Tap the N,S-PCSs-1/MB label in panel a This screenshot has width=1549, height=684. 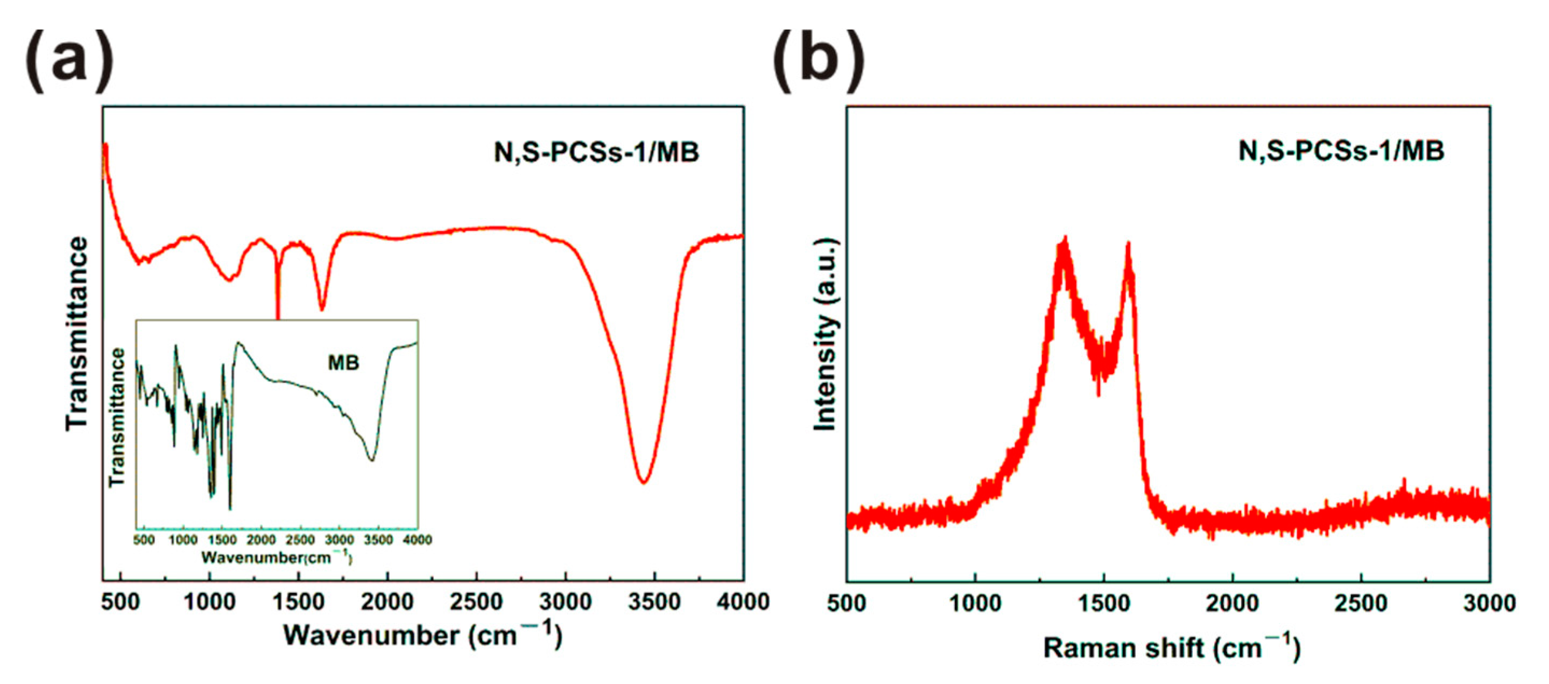pos(596,152)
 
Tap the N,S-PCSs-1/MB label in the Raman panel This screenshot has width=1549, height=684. pos(1341,150)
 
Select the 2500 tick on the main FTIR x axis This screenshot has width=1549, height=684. pos(476,602)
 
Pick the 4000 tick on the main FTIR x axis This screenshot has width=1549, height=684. pos(743,602)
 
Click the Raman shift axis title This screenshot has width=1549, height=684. pos(1171,648)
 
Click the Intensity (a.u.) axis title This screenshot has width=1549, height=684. pos(826,334)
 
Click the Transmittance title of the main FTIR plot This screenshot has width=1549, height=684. pos(77,334)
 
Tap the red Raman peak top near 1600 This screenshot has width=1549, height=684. pos(1128,245)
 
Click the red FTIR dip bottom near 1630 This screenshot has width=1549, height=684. pos(322,309)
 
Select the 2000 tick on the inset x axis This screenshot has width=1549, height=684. pos(261,540)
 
